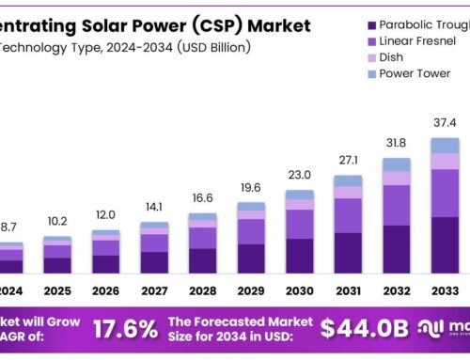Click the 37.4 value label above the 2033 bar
444,122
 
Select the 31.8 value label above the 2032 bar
396,143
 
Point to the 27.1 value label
347,160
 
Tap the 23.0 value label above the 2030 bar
299,174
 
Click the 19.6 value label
251,187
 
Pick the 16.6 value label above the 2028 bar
202,198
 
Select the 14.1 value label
154,208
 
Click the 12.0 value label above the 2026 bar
105,214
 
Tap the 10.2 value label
57,222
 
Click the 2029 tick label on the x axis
251,291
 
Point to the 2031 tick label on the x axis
347,291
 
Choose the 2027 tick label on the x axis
154,291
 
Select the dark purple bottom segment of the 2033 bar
444,244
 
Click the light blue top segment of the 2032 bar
396,164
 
